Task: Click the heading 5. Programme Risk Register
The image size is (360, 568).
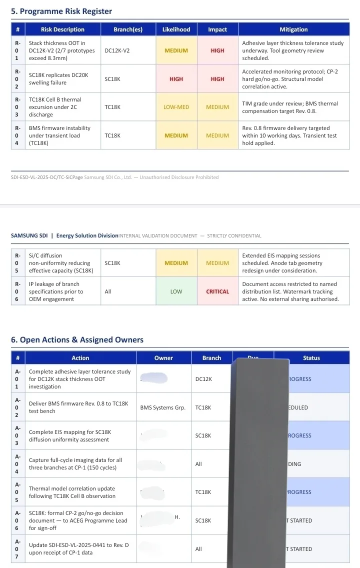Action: tap(61, 11)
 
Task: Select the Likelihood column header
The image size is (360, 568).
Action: tap(176, 29)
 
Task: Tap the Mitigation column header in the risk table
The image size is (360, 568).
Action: tap(293, 29)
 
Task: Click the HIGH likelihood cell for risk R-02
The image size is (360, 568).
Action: tap(176, 79)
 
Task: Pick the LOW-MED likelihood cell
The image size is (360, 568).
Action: tap(176, 107)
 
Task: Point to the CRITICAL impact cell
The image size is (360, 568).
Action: tap(217, 291)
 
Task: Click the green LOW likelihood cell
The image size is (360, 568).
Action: tap(176, 291)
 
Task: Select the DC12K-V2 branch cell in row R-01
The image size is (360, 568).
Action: tap(117, 50)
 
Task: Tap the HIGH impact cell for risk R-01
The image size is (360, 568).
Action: tap(217, 50)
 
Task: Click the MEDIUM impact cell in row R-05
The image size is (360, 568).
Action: tap(217, 263)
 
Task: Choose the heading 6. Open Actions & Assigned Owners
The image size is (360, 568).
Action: tap(77, 340)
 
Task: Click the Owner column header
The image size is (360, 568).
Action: tap(163, 358)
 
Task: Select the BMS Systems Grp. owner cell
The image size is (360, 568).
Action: tap(163, 407)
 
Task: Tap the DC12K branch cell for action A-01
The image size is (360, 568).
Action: tap(203, 379)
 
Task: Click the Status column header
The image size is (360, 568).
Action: tap(311, 358)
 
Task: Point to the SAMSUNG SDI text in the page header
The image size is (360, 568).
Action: tap(29, 235)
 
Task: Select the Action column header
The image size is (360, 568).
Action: tap(80, 358)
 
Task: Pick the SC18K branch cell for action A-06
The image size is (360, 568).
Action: tap(203, 520)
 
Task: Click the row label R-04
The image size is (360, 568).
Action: tap(17, 135)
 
